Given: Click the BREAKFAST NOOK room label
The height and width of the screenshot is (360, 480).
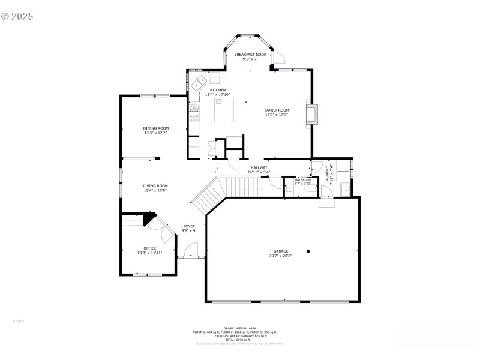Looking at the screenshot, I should (250, 55).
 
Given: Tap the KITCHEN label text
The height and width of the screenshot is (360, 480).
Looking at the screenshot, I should (217, 90).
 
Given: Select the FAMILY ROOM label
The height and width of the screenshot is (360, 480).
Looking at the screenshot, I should (277, 110).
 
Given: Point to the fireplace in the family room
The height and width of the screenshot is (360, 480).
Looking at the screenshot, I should (310, 113).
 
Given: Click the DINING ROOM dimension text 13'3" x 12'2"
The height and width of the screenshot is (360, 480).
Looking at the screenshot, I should (155, 133).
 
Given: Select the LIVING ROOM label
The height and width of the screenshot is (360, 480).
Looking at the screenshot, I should (155, 186).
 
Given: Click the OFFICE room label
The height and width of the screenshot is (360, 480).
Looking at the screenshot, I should (150, 248).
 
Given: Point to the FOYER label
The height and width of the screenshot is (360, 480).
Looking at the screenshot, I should (189, 226).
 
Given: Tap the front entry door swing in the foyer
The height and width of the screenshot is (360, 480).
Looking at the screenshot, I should (191, 250).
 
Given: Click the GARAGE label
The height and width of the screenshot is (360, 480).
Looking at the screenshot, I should (281, 251).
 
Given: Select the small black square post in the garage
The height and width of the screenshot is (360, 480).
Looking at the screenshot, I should (308, 251).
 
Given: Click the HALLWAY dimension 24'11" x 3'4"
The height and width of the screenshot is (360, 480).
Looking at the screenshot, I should (259, 172).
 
